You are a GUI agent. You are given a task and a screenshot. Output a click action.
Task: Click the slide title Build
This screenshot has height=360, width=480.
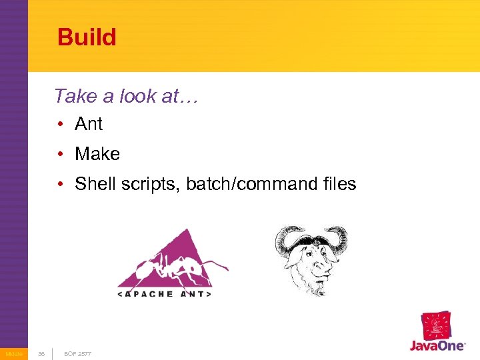(87, 37)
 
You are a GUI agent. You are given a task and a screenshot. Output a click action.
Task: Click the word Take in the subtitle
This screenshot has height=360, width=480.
(75, 96)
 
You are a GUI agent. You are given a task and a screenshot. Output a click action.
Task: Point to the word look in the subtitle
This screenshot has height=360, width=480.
(138, 96)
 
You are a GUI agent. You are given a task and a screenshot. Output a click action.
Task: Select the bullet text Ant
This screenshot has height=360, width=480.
(89, 124)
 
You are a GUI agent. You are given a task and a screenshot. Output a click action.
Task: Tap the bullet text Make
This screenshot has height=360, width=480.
(97, 154)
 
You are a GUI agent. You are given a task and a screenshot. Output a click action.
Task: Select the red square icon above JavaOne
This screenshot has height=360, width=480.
(437, 326)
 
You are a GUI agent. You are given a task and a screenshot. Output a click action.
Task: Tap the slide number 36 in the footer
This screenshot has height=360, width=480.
(41, 353)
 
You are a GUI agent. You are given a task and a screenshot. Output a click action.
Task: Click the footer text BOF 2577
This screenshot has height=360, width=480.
(77, 353)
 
